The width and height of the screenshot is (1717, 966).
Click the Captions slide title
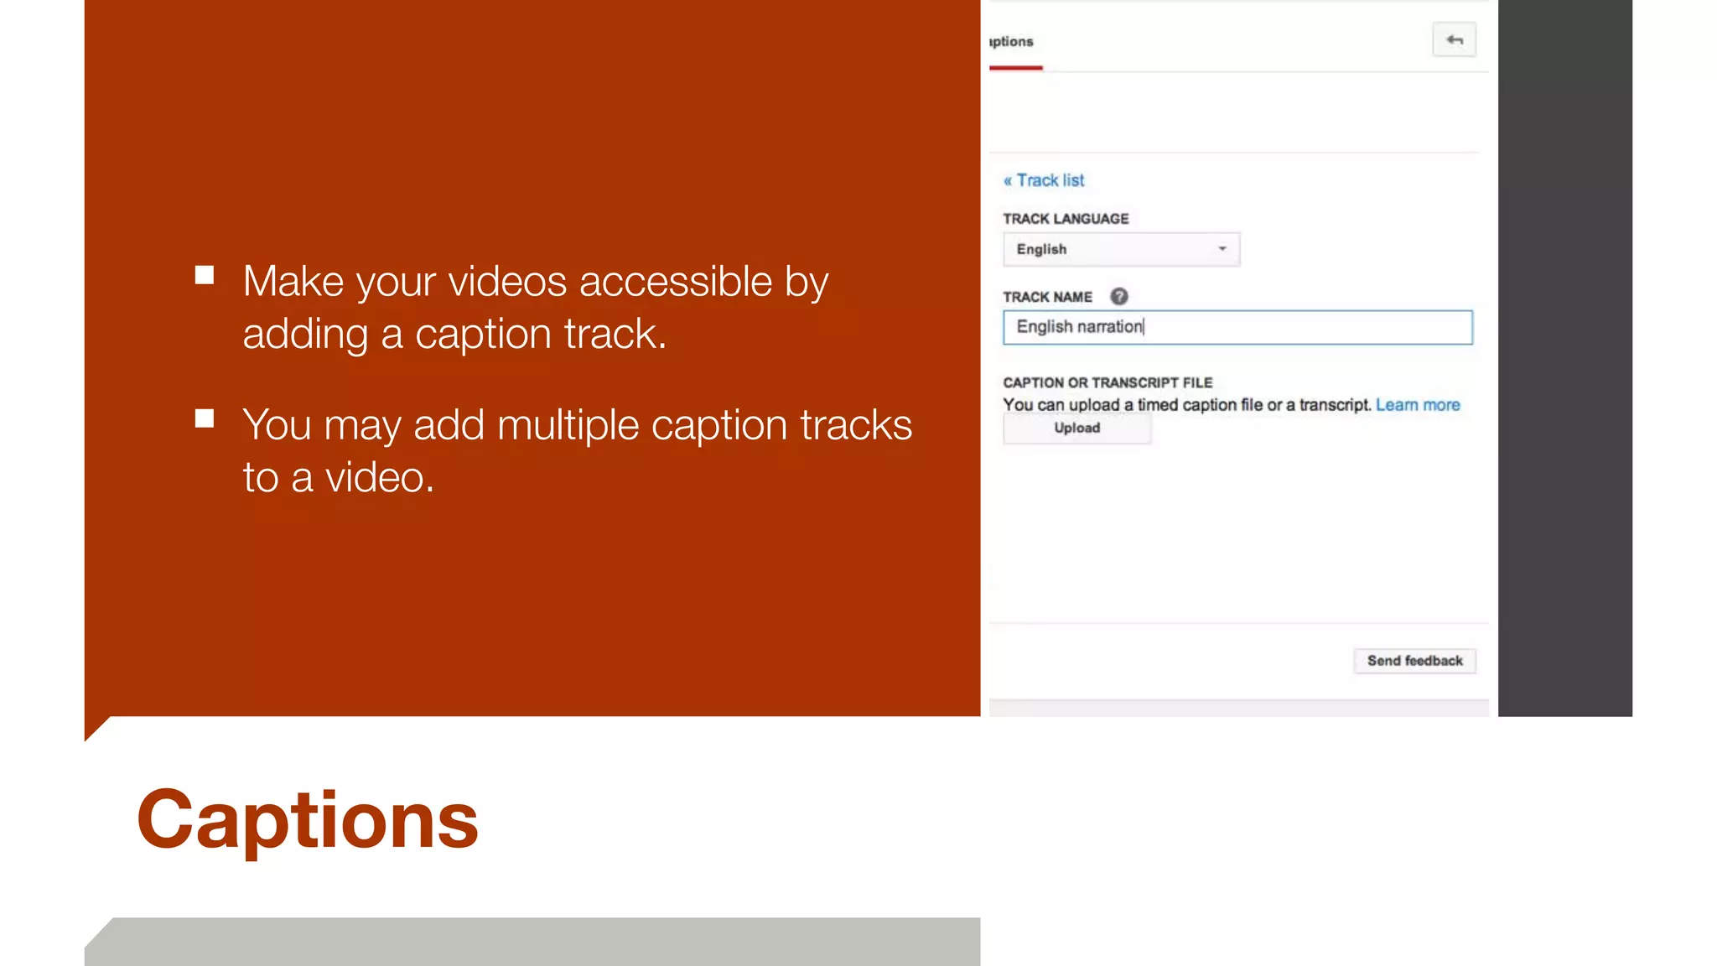[307, 820]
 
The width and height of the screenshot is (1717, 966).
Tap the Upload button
[1076, 428]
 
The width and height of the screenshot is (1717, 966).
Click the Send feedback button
[1414, 661]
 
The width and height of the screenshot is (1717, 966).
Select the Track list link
[1044, 180]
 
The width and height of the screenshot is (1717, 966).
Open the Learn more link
[1418, 405]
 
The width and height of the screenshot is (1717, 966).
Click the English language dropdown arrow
[1222, 249]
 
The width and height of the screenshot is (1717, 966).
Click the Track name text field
[1237, 327]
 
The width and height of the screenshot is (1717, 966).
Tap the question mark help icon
[1119, 297]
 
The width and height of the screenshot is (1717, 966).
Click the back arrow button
[1454, 40]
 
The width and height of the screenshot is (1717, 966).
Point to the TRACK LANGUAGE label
[1066, 219]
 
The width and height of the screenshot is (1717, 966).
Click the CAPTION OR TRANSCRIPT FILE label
[1107, 383]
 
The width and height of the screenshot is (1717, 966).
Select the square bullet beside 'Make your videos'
[205, 275]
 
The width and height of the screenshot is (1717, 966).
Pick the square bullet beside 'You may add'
[205, 418]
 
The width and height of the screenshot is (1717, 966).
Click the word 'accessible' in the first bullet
[675, 282]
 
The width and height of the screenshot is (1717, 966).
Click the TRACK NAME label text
[1047, 297]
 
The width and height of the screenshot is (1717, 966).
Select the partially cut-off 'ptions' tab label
[1011, 42]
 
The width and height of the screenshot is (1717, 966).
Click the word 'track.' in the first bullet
[615, 335]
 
